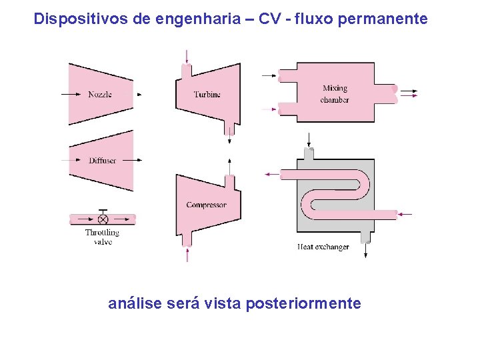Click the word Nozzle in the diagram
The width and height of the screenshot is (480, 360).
click(x=100, y=95)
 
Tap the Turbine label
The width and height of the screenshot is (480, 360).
click(x=207, y=95)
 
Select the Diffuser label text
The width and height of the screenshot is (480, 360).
click(x=102, y=161)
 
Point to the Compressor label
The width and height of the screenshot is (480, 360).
click(x=206, y=205)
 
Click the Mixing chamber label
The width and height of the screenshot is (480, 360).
click(x=335, y=94)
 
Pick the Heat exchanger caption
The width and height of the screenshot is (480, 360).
click(x=323, y=247)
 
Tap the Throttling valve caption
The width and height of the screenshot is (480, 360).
click(x=102, y=237)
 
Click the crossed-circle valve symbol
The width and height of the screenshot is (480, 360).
click(x=103, y=219)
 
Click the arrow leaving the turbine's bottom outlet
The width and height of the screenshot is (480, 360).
click(x=230, y=133)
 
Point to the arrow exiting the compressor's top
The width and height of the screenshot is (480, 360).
click(x=229, y=165)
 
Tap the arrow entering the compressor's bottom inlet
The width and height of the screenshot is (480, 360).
click(x=187, y=255)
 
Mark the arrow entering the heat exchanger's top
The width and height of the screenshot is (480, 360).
click(x=309, y=139)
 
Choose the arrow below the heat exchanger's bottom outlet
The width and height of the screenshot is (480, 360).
click(x=365, y=251)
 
